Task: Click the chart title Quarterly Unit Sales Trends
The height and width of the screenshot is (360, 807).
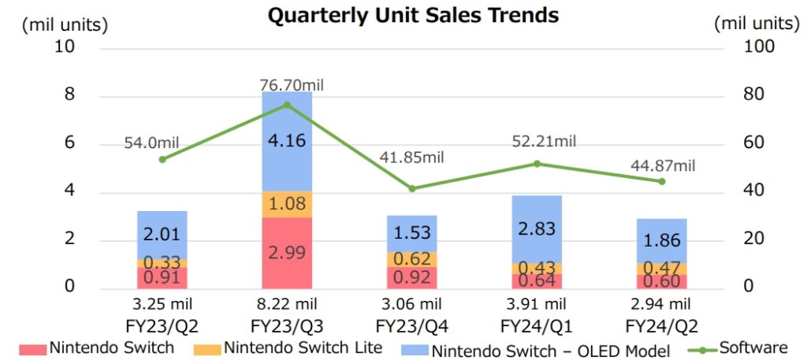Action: [x=414, y=15]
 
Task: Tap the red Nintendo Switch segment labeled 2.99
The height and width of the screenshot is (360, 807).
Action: [x=287, y=254]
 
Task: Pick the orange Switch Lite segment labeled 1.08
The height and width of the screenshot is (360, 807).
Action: [x=287, y=205]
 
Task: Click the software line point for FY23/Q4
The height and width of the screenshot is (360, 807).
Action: [x=411, y=188]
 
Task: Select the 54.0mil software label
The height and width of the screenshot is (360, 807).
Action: [x=151, y=143]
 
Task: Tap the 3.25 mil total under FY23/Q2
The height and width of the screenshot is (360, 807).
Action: [x=162, y=304]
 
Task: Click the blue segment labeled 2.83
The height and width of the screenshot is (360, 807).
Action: [x=537, y=229]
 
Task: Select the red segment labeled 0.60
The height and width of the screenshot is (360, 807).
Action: [x=662, y=281]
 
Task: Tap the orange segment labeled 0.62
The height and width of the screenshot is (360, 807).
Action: [x=411, y=259]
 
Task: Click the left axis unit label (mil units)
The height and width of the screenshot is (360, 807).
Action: [x=65, y=24]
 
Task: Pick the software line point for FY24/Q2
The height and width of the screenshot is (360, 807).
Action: [x=662, y=181]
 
